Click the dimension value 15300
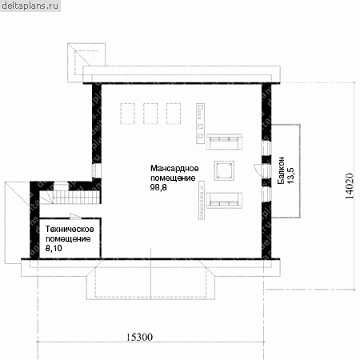[139, 337]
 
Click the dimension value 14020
[350, 186]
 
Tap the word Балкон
[281, 170]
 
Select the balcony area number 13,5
[290, 175]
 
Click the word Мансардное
[174, 168]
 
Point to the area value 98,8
[158, 187]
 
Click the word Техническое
[70, 229]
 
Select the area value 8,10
[54, 248]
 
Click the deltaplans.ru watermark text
[30, 6]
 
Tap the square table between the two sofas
[224, 170]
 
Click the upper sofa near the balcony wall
[224, 142]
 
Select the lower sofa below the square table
[224, 200]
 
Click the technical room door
[75, 217]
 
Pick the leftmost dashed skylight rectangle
[127, 114]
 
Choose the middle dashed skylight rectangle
[150, 114]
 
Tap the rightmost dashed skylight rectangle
[174, 114]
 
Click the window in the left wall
[97, 170]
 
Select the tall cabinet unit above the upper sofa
[201, 123]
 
